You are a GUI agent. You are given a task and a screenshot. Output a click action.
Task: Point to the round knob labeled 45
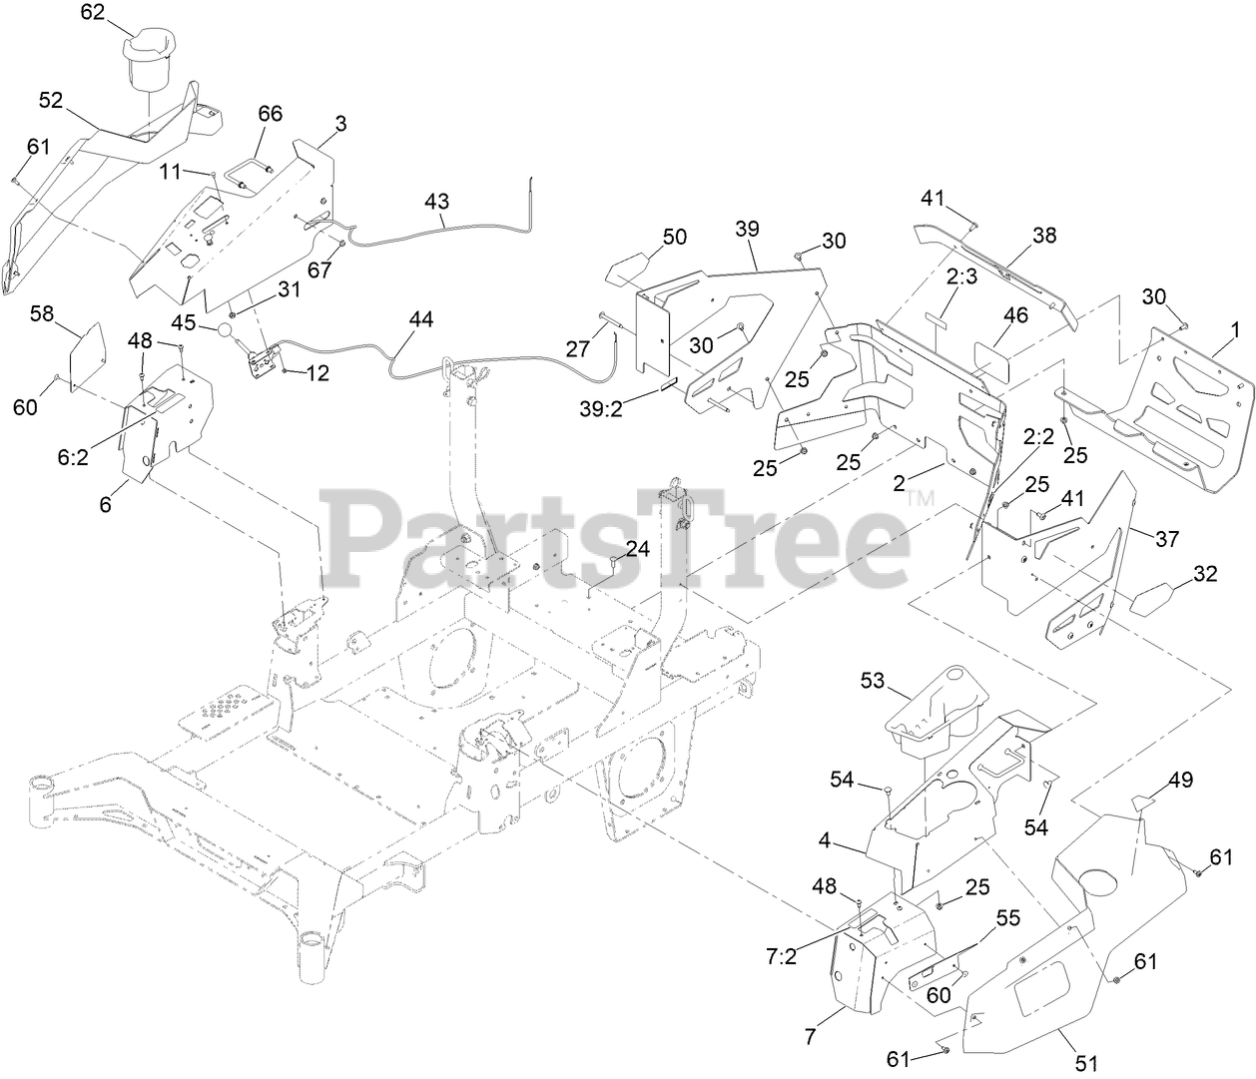coord(227,330)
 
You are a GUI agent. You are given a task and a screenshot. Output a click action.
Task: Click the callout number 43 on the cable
coord(436,201)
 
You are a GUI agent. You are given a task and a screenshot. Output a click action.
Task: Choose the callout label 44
coord(420,319)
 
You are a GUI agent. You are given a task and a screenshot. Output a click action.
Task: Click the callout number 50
coord(675,237)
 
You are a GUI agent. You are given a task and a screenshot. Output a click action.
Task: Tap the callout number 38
coord(1043,236)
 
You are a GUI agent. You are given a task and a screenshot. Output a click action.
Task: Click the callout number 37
coord(1166,539)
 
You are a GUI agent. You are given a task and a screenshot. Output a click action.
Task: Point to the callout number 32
coord(1205,574)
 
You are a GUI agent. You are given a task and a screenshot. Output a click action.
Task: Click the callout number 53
coord(873,681)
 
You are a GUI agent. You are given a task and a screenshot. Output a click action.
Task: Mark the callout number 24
coord(637,548)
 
